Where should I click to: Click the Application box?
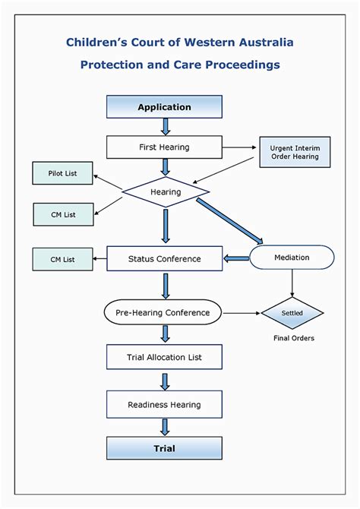[164, 107]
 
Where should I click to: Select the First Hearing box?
[164, 147]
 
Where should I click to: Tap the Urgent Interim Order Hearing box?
[295, 152]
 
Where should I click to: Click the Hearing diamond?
[165, 192]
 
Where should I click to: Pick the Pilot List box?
[62, 174]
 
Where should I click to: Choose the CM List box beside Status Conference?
[62, 259]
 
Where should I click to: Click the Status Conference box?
[164, 258]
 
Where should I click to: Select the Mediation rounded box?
[292, 258]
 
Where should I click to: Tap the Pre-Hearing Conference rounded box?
[163, 312]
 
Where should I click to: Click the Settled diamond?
[292, 312]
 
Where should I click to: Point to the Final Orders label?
[293, 338]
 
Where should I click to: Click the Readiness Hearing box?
[164, 404]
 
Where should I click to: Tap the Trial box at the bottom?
[164, 448]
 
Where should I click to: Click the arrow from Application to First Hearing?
[165, 127]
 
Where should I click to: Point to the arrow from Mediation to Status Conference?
[236, 259]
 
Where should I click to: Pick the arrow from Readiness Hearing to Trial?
[165, 427]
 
